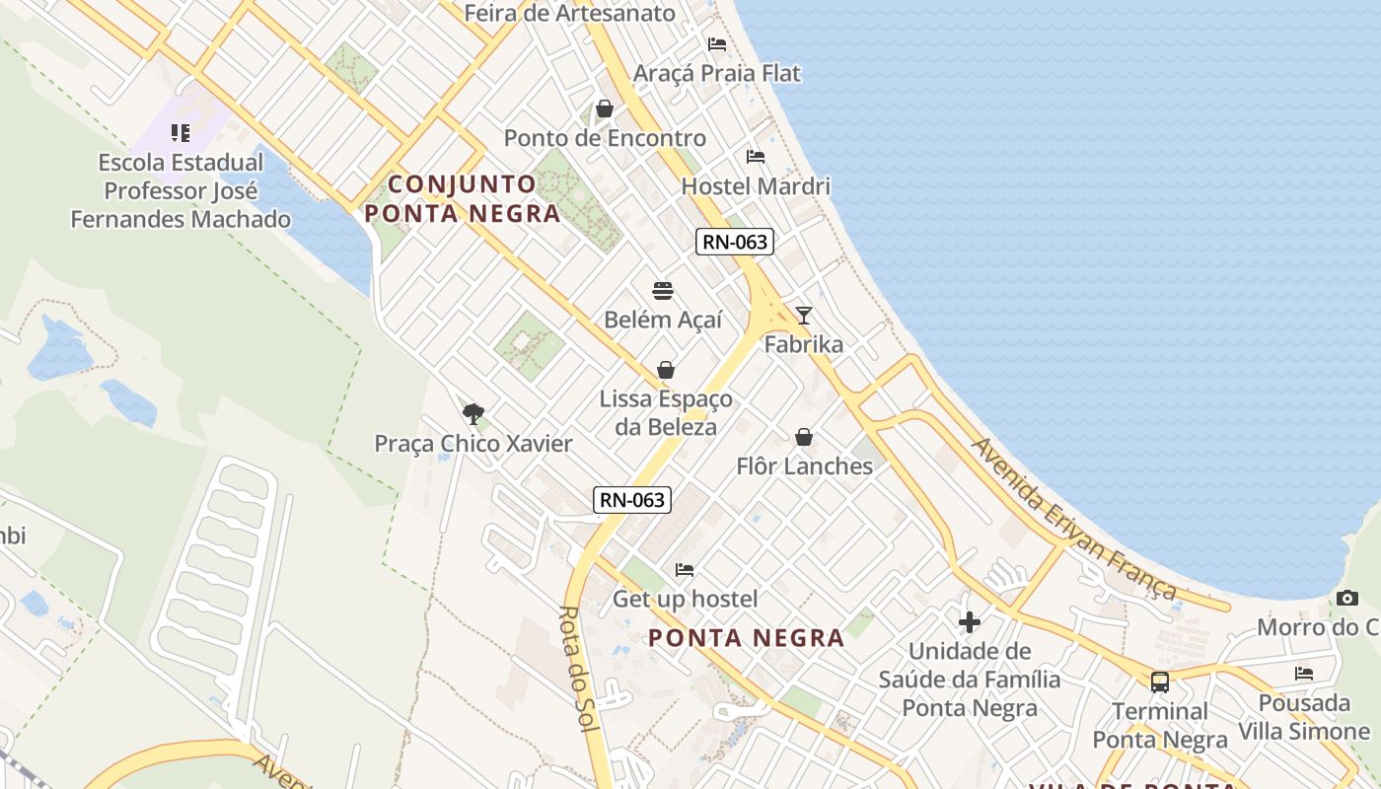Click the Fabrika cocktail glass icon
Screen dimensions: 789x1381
coord(804,316)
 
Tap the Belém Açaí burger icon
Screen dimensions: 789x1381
coord(663,291)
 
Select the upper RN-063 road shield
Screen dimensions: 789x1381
coord(734,242)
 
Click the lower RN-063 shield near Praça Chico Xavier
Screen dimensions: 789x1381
coord(632,500)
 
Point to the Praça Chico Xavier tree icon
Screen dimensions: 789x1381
coord(472,413)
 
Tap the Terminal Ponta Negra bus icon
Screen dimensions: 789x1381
coord(1160,681)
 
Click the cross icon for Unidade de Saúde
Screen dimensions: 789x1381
coord(970,622)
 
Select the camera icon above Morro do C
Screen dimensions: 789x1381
coord(1347,598)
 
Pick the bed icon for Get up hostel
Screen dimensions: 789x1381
coord(685,570)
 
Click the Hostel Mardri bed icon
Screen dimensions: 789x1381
coord(756,157)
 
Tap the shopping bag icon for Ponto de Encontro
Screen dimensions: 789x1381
coord(605,108)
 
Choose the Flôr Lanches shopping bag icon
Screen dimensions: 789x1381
coord(804,437)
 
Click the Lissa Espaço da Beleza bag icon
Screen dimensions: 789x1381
coord(666,370)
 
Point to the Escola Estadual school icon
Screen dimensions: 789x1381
coord(181,132)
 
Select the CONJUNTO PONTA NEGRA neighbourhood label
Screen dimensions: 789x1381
coord(463,198)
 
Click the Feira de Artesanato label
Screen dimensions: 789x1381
coord(569,13)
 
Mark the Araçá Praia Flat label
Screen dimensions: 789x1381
coord(717,73)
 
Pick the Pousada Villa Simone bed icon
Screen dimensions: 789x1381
coord(1304,674)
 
